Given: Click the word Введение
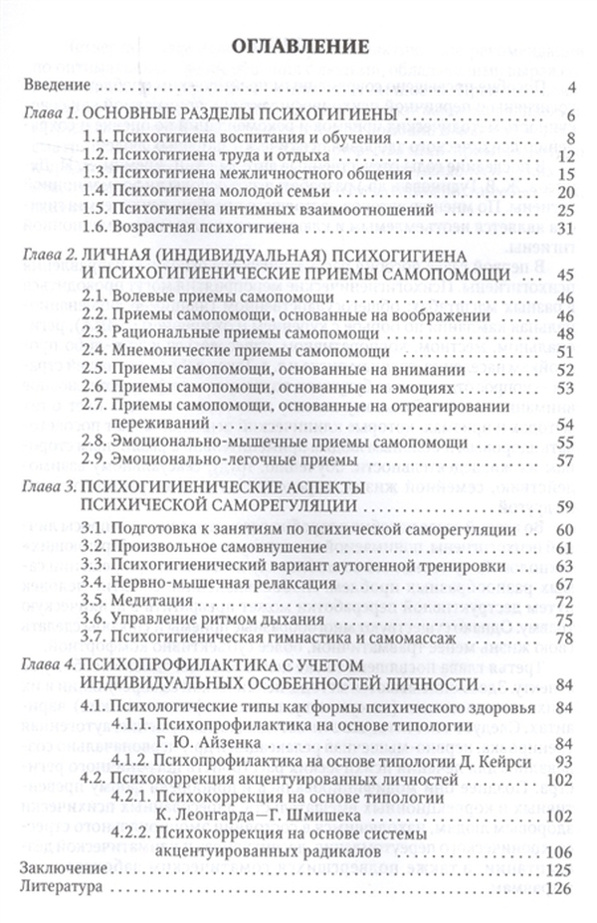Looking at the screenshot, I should click(x=53, y=86).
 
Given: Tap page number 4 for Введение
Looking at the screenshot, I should click(x=573, y=86).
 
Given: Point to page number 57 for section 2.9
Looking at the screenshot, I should click(x=568, y=460).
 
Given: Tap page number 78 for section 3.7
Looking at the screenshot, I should click(x=568, y=638).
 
